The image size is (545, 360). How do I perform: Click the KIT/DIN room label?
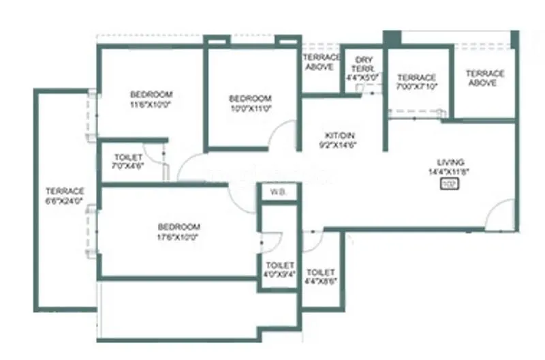click(x=338, y=135)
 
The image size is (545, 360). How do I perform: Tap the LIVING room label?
click(x=450, y=162)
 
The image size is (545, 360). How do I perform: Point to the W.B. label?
click(x=278, y=193)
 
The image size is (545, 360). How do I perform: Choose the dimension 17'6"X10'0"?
click(x=178, y=237)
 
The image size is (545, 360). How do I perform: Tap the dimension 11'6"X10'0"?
click(x=151, y=104)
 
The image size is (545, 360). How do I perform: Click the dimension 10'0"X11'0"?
click(x=250, y=108)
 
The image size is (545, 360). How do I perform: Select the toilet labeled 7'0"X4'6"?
click(x=129, y=162)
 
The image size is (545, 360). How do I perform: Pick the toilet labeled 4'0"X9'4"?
click(x=279, y=269)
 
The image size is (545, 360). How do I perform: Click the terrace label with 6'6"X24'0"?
click(x=65, y=196)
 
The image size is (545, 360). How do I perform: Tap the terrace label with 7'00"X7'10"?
click(x=416, y=82)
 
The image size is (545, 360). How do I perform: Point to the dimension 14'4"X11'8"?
click(x=450, y=172)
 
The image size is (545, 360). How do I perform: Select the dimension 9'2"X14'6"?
click(x=338, y=145)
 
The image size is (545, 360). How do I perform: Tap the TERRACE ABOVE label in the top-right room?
click(x=484, y=78)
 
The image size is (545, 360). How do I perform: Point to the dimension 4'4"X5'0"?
click(x=361, y=78)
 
